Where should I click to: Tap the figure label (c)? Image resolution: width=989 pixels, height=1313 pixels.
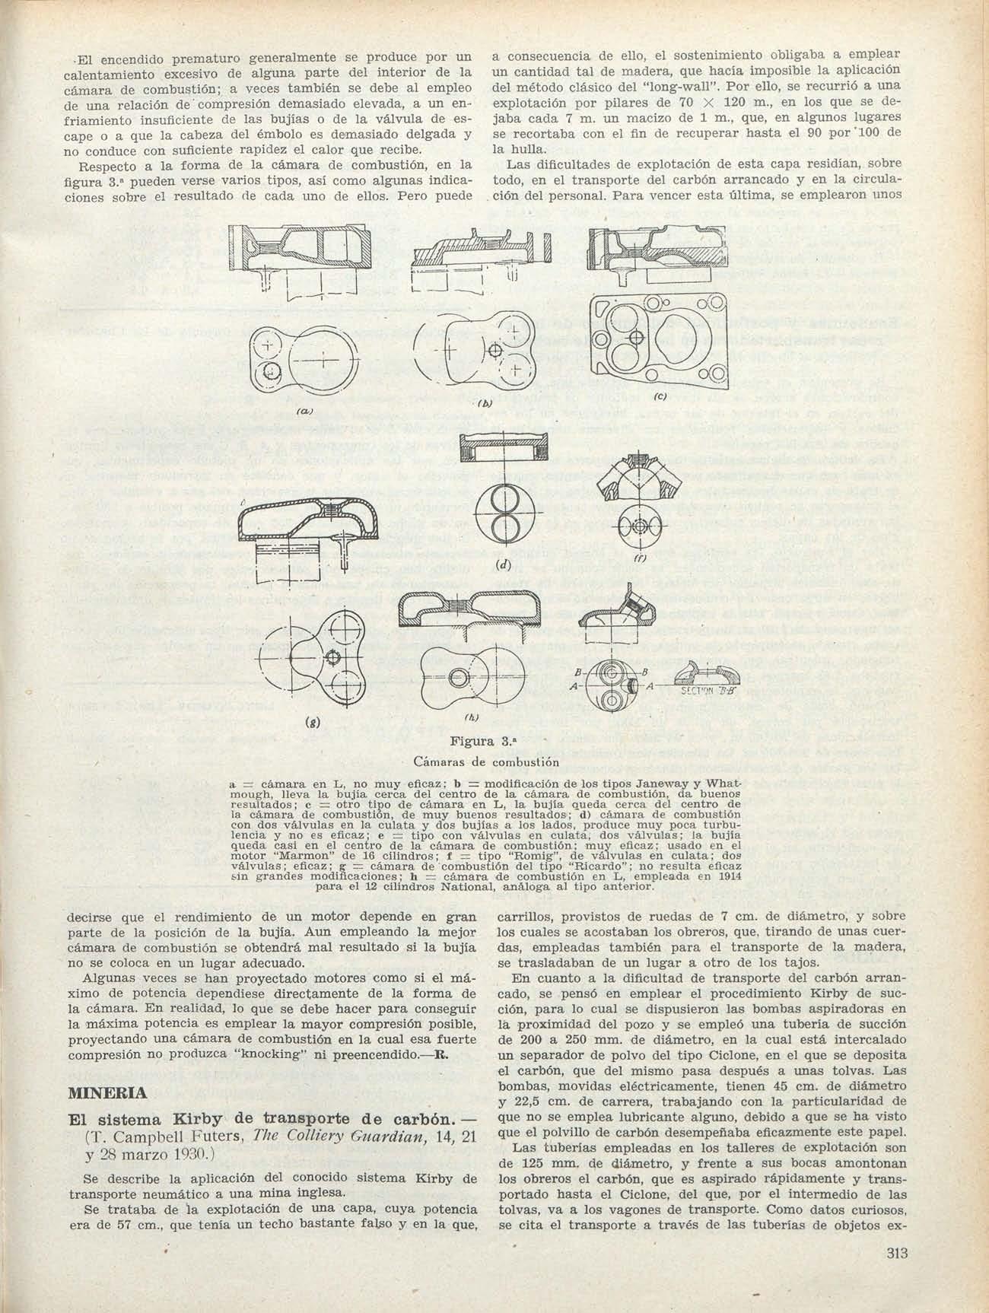tap(660, 397)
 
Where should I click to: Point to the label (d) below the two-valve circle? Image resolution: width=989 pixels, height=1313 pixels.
tap(501, 565)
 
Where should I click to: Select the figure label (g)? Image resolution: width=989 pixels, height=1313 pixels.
tap(313, 720)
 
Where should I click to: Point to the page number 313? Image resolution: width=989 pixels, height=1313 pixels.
tap(898, 1255)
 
